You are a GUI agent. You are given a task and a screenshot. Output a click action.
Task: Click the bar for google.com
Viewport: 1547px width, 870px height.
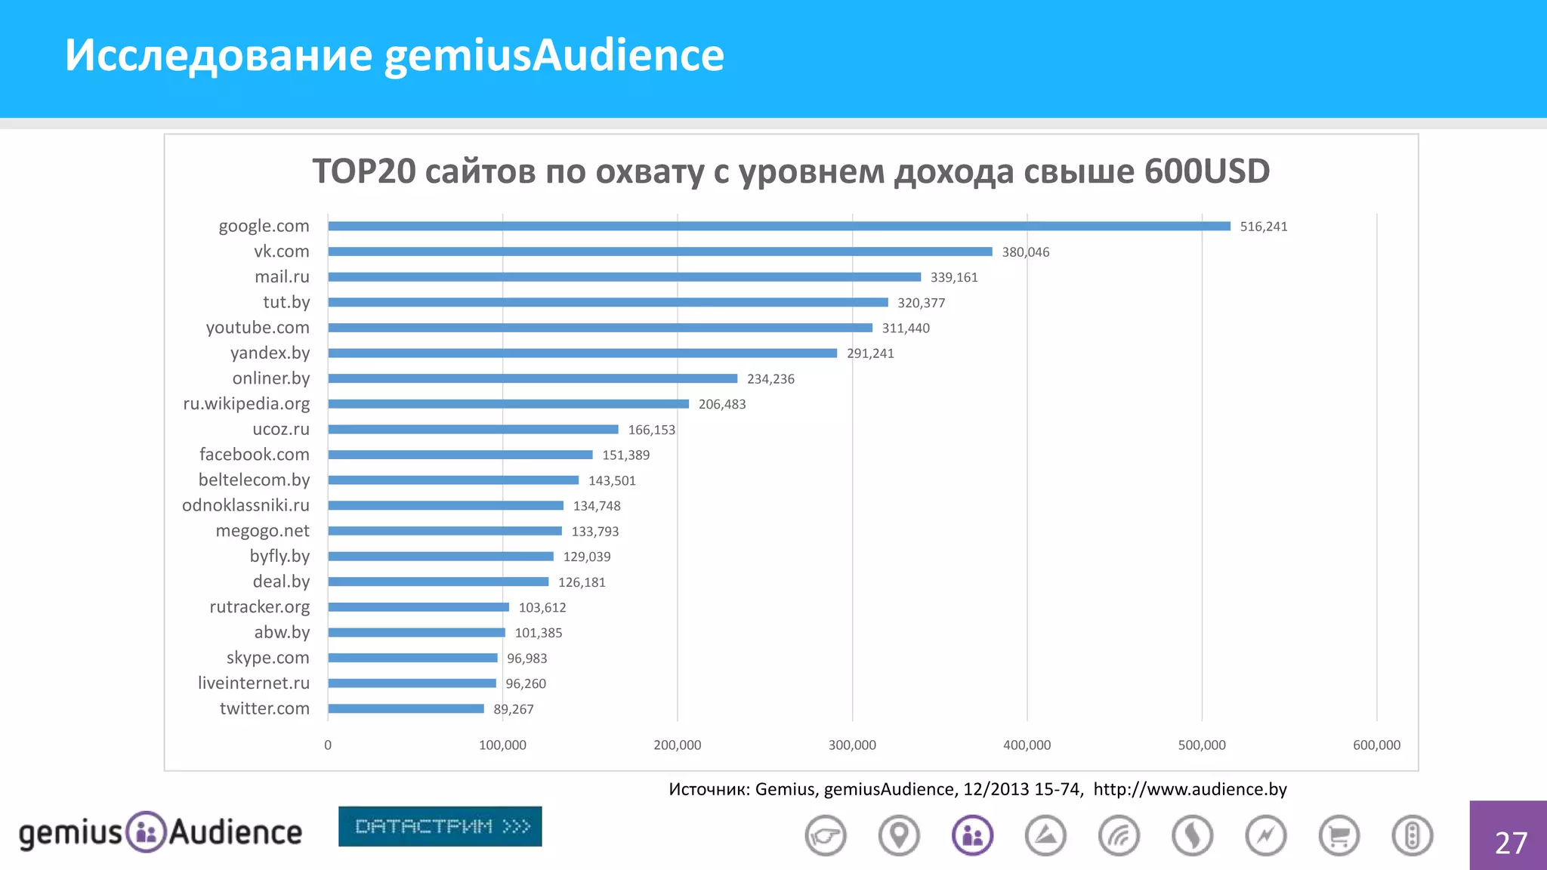pos(778,226)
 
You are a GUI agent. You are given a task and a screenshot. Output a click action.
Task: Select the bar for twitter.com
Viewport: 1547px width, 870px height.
pos(406,708)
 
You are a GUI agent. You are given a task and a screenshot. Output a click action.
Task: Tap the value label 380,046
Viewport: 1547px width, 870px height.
pos(1025,252)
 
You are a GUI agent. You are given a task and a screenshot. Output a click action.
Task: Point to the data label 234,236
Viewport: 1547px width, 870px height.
pos(770,379)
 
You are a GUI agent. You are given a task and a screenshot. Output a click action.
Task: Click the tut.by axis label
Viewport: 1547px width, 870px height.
pos(286,302)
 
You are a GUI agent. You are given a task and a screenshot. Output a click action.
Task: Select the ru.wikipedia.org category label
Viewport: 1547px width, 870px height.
pos(246,403)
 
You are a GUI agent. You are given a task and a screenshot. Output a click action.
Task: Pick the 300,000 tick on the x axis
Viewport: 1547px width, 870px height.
pos(852,745)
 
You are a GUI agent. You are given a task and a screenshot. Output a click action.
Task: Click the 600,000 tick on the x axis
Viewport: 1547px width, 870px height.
pos(1376,745)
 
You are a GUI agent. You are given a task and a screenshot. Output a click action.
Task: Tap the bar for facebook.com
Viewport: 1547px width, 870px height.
pos(460,455)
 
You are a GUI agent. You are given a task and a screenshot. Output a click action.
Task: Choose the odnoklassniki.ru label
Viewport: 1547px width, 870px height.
pos(245,505)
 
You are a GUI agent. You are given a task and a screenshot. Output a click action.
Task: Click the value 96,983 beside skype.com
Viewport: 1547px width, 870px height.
pos(526,659)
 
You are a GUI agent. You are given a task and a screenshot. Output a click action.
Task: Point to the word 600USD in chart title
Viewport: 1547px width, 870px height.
pos(1206,171)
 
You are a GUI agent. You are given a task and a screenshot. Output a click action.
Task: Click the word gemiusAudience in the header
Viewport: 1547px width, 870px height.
pos(554,55)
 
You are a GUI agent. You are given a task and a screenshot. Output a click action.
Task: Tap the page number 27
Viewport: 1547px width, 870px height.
pos(1511,843)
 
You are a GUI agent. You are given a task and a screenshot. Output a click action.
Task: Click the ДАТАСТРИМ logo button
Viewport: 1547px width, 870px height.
pos(440,826)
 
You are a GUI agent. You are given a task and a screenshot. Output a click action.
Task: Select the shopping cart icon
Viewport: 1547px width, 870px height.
pos(1339,836)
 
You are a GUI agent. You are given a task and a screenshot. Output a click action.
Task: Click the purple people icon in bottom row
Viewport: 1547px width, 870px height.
pos(972,836)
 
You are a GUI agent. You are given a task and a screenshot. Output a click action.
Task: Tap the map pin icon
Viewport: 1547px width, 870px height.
pos(899,836)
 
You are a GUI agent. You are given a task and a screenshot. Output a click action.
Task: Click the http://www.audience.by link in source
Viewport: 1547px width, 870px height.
pos(1190,789)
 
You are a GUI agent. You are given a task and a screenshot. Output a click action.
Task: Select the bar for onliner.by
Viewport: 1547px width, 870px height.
pos(533,378)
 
